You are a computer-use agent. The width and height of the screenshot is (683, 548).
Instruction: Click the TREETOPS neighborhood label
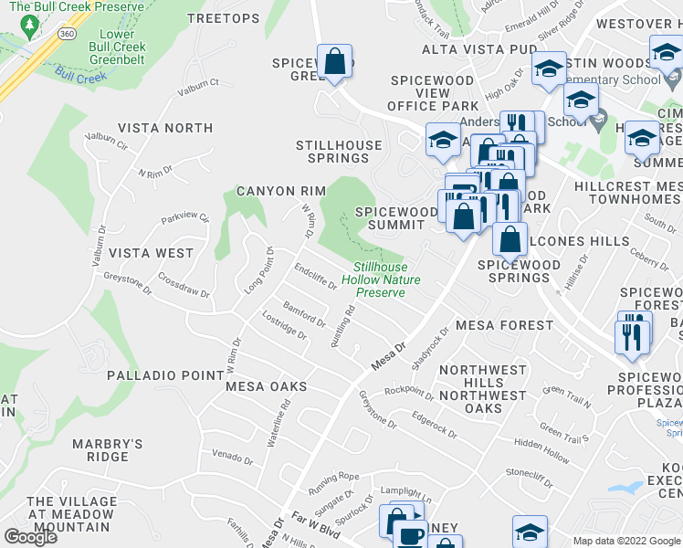(x=223, y=18)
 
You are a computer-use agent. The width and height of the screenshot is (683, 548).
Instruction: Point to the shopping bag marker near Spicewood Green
(x=335, y=62)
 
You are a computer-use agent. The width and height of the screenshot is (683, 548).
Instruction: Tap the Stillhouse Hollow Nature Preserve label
(x=380, y=280)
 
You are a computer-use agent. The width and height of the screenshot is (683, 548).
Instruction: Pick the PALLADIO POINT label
(x=165, y=375)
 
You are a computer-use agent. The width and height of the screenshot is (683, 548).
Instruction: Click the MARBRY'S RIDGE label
(x=108, y=450)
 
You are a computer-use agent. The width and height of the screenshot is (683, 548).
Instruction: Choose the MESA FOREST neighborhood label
(x=504, y=324)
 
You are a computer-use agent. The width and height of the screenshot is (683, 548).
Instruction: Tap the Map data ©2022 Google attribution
(x=625, y=541)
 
